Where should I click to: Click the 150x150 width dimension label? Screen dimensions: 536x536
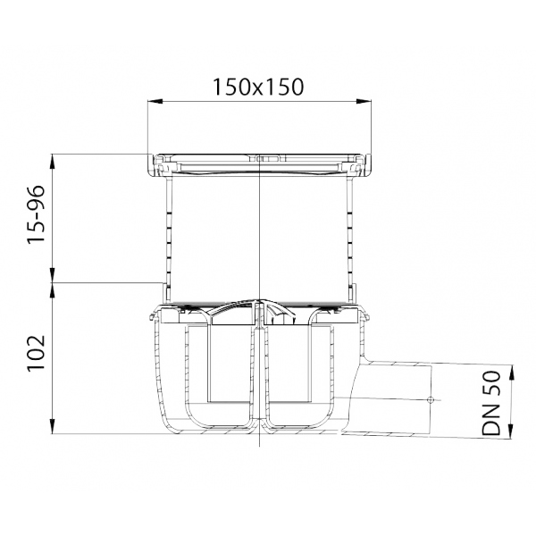coord(258,87)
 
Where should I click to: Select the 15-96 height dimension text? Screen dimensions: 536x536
coord(36,214)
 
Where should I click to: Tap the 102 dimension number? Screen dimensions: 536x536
coord(36,353)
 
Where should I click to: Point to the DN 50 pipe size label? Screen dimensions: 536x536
coord(490,404)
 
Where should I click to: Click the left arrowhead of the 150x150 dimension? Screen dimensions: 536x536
coord(155,101)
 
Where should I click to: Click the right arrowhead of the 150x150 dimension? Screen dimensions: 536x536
coord(364,101)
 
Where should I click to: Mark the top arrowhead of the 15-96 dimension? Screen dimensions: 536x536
coord(53,162)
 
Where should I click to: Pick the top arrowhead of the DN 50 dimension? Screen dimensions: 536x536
coord(511,373)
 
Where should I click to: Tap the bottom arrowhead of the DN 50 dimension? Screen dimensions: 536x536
coord(511,431)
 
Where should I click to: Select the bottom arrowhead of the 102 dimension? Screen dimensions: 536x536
coord(53,427)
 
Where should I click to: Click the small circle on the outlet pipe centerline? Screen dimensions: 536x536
coord(431,399)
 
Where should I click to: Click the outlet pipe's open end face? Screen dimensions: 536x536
coord(431,400)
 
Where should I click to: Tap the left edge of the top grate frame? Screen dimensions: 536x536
coord(151,165)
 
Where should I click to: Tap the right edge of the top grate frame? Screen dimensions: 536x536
coord(368,165)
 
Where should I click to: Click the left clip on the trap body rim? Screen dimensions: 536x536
coord(152,316)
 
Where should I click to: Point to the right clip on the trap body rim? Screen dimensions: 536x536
coord(366,316)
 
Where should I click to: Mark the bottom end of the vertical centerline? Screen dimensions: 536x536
coord(259,446)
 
